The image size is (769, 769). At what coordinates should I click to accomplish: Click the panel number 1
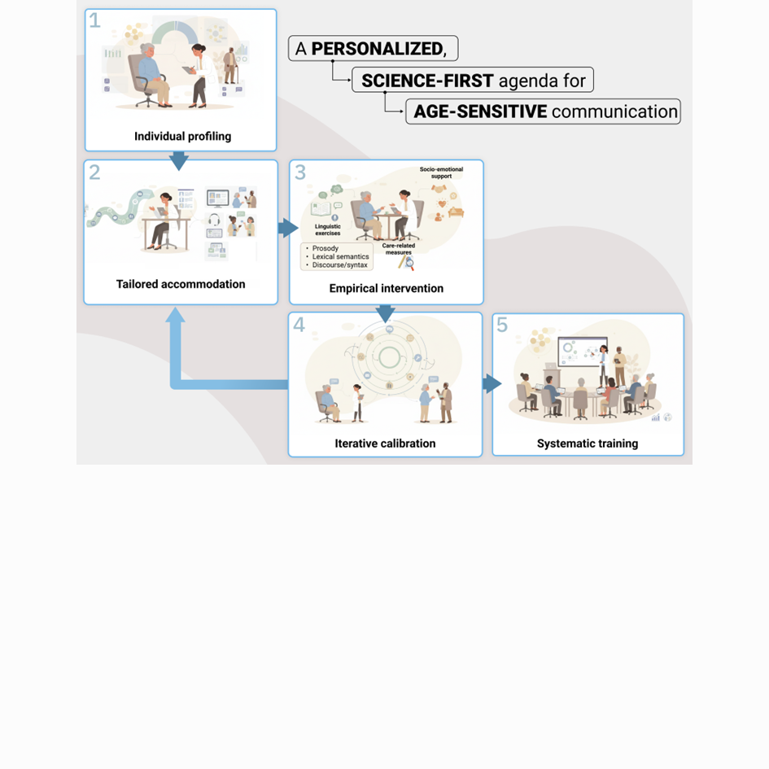[x=94, y=20]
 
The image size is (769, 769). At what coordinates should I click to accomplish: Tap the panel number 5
[x=502, y=325]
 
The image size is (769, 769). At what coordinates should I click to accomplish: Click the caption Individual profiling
[x=182, y=137]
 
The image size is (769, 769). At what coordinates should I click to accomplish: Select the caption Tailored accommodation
[x=181, y=284]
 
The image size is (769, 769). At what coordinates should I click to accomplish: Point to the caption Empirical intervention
[x=386, y=288]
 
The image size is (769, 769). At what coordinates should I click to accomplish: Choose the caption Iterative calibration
[x=385, y=443]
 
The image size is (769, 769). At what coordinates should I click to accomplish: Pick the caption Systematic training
[x=587, y=443]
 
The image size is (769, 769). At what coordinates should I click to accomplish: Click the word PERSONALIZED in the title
[x=378, y=49]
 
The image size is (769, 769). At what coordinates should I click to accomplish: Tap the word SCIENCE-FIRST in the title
[x=427, y=81]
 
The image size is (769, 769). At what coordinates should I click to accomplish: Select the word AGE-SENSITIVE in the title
[x=480, y=111]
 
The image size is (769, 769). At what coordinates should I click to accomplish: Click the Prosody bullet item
[x=326, y=248]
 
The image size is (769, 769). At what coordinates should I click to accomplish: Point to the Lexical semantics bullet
[x=340, y=256]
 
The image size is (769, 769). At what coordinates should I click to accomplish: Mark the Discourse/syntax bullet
[x=339, y=264]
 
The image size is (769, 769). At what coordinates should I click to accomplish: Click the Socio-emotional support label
[x=441, y=173]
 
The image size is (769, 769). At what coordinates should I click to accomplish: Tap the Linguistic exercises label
[x=328, y=229]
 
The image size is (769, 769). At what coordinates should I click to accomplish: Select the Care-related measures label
[x=398, y=249]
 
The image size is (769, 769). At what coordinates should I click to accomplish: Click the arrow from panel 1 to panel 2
[x=179, y=161]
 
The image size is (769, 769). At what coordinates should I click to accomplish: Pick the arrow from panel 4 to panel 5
[x=492, y=383]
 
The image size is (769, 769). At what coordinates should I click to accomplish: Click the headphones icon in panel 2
[x=214, y=219]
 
